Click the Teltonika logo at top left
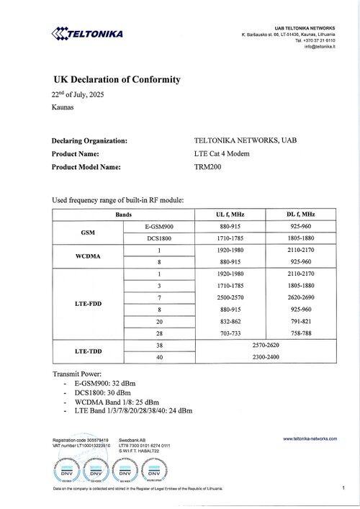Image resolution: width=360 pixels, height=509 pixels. pyautogui.click(x=87, y=33)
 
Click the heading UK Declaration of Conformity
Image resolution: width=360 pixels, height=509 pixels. pyautogui.click(x=117, y=80)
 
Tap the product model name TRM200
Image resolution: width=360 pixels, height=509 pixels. pyautogui.click(x=209, y=167)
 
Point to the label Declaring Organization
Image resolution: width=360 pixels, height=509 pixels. pyautogui.click(x=90, y=141)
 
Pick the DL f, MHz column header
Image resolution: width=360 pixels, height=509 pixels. pyautogui.click(x=300, y=215)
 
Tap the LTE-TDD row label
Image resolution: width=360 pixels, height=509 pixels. pyautogui.click(x=89, y=351)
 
